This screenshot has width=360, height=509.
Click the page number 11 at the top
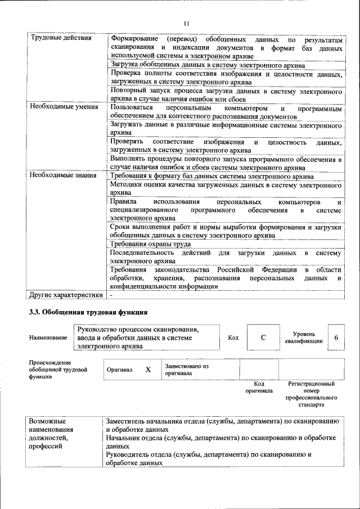186,23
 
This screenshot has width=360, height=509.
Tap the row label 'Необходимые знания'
62,175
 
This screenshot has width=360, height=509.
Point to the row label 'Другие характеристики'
66,294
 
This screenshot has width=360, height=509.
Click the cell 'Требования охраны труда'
150,244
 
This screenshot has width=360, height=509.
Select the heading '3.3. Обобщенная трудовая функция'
88,312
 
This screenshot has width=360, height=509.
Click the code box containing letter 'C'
263,337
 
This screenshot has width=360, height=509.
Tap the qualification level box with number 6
336,337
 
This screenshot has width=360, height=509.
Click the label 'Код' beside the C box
233,337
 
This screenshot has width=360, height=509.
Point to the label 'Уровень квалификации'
304,337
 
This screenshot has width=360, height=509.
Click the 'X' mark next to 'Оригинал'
148,370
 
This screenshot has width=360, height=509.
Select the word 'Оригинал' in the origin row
119,370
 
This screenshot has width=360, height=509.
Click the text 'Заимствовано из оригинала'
187,369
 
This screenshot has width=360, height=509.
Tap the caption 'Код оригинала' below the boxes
259,387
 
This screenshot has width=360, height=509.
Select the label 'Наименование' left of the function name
48,337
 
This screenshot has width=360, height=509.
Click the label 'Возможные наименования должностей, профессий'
52,433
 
